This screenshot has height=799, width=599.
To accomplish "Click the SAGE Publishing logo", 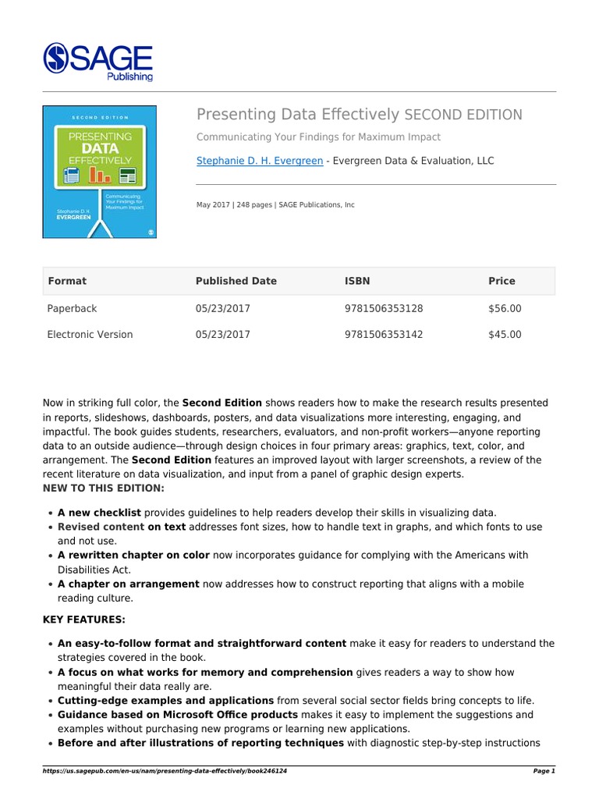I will [98, 61].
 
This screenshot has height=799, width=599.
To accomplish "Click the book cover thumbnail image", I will [99, 172].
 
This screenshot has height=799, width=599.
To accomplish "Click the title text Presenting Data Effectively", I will [298, 115].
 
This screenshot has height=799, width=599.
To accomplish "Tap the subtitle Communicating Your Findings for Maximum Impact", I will [318, 137].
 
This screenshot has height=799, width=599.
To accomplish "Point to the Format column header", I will [67, 281].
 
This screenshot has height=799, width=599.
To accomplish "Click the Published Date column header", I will [236, 281].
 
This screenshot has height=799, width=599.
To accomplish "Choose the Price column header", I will [502, 281].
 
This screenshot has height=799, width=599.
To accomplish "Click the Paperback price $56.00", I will [505, 308].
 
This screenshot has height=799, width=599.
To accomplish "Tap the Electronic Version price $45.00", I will [505, 335].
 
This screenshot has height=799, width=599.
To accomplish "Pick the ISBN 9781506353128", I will [383, 308].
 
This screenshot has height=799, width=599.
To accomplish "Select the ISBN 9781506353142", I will [383, 335].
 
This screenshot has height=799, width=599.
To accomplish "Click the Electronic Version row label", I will [90, 335].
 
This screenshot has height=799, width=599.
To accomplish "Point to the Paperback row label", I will [73, 308].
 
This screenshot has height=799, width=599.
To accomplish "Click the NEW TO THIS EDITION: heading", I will [103, 488].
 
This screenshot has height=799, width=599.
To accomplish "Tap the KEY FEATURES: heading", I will [83, 619].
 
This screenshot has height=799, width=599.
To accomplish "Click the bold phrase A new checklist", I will [99, 513].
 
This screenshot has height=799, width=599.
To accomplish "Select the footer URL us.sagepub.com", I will [165, 771].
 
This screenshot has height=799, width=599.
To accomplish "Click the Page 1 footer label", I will [543, 771].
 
